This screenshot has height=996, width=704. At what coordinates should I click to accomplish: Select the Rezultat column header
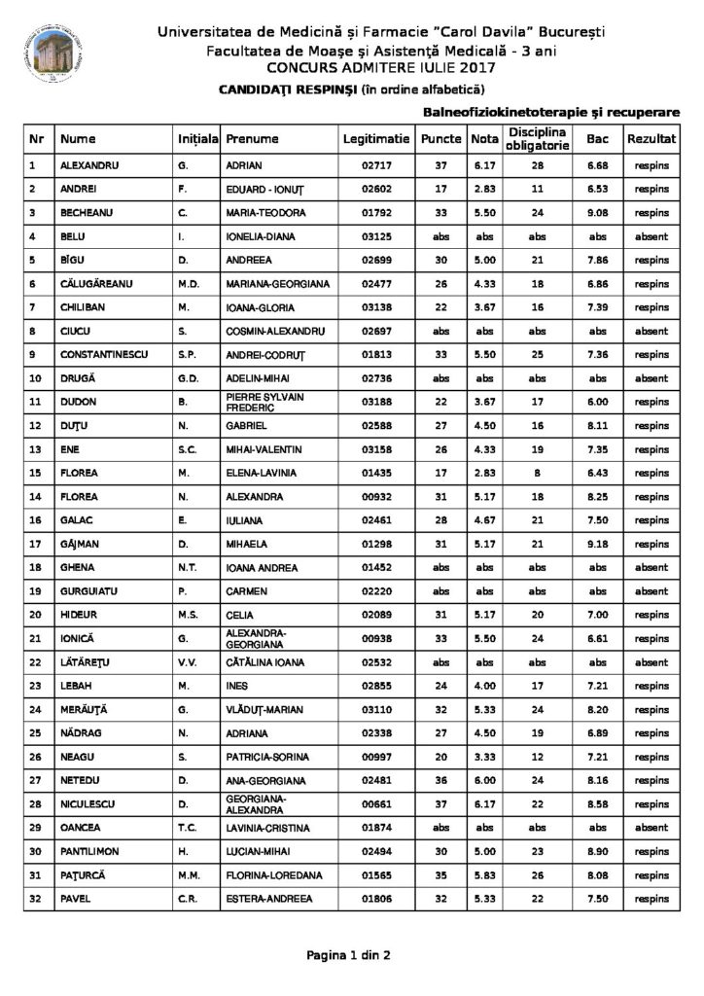(651, 140)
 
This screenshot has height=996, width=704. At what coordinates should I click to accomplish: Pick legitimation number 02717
(376, 165)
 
